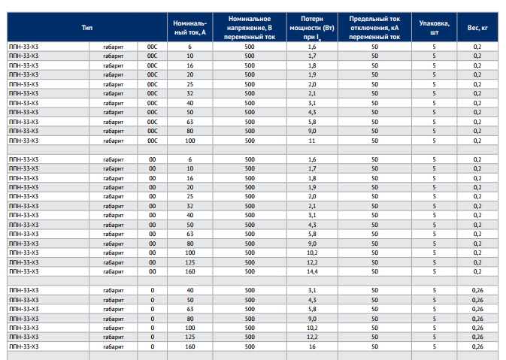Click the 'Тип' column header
(x=87, y=28)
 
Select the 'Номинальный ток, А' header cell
(x=189, y=28)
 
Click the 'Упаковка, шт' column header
(x=434, y=28)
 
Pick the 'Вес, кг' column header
(x=477, y=28)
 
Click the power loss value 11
(x=312, y=141)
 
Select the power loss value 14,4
(x=312, y=271)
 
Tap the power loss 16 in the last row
(x=312, y=346)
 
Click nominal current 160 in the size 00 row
(x=189, y=271)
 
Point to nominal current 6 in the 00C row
(x=189, y=47)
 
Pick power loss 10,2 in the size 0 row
(x=312, y=328)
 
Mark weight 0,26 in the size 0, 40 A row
(x=477, y=290)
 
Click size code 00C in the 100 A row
(x=153, y=141)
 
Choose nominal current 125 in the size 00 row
(x=189, y=262)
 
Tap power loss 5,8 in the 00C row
(x=312, y=122)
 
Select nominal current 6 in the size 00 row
(x=189, y=159)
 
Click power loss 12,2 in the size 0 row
(x=312, y=337)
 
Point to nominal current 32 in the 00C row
(x=189, y=93)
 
